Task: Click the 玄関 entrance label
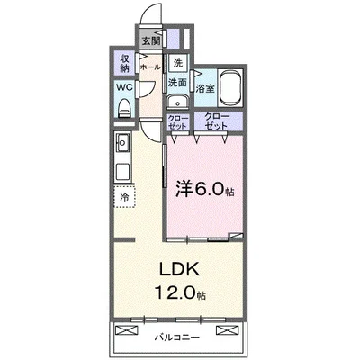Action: point(150,40)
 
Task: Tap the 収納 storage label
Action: point(124,63)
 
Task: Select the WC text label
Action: point(124,88)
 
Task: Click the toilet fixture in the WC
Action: point(124,107)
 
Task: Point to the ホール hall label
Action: point(150,67)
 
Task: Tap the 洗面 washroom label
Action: point(177,83)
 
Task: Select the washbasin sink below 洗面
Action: point(177,101)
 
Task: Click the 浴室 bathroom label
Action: point(205,88)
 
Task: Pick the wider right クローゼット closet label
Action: point(217,120)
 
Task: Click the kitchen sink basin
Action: point(122,143)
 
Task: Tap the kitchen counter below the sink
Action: point(122,171)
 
